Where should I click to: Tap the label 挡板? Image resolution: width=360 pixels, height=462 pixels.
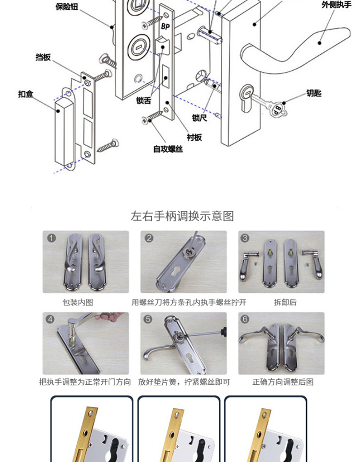43,57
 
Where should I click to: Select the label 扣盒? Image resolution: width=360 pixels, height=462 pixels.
26,94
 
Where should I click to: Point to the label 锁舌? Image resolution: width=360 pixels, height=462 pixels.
144,100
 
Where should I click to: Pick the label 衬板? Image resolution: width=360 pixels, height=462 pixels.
194,137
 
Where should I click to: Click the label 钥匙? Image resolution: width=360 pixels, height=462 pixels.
314,93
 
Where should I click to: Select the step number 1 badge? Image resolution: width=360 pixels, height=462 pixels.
52,238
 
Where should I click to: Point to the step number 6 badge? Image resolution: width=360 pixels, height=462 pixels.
245,319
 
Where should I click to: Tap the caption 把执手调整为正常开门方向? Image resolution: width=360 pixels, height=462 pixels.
85,382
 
